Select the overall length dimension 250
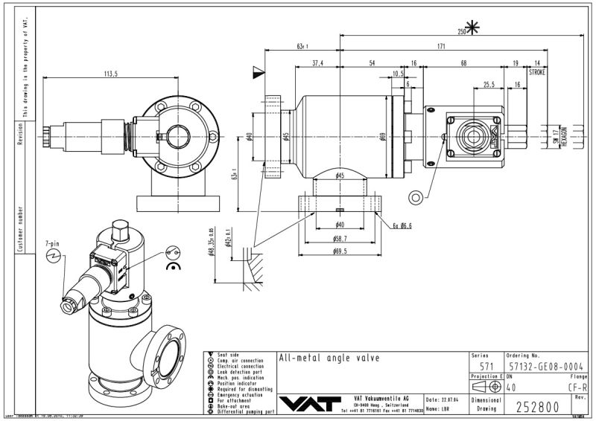coord(461,31)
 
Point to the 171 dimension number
coord(441,46)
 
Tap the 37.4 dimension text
coord(318,63)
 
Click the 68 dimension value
coord(464,63)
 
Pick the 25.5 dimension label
coord(489,85)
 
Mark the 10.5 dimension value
coord(398,73)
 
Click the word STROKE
coord(537,73)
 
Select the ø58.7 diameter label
coord(340,239)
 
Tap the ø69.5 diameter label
coord(340,251)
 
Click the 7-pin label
coord(52,243)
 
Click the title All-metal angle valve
coord(329,358)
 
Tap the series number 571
coord(486,366)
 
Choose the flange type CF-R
coord(577,387)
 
